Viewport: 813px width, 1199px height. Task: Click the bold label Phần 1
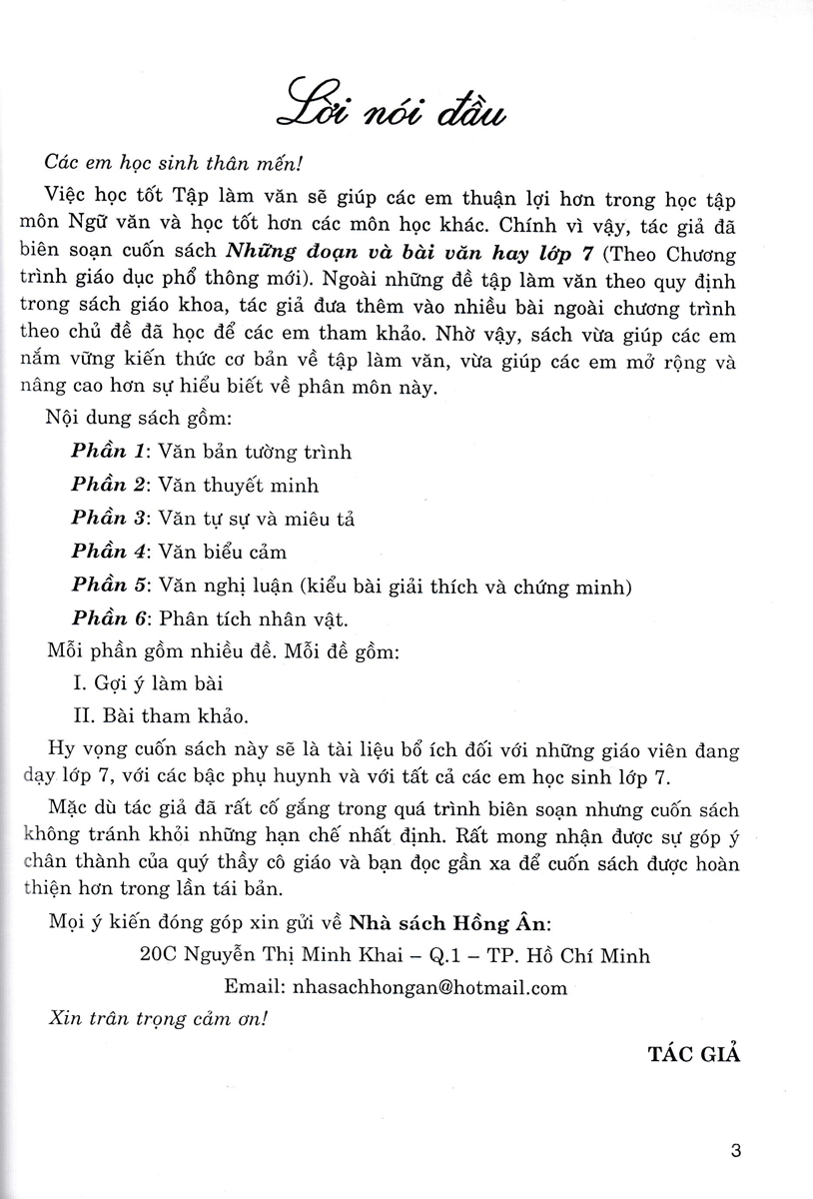coord(109,452)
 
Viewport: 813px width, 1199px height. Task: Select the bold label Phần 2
coord(109,486)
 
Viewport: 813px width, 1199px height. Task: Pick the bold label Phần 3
coord(109,519)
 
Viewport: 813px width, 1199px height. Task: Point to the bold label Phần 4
coord(109,552)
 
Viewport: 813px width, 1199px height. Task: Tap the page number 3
coord(737,1149)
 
